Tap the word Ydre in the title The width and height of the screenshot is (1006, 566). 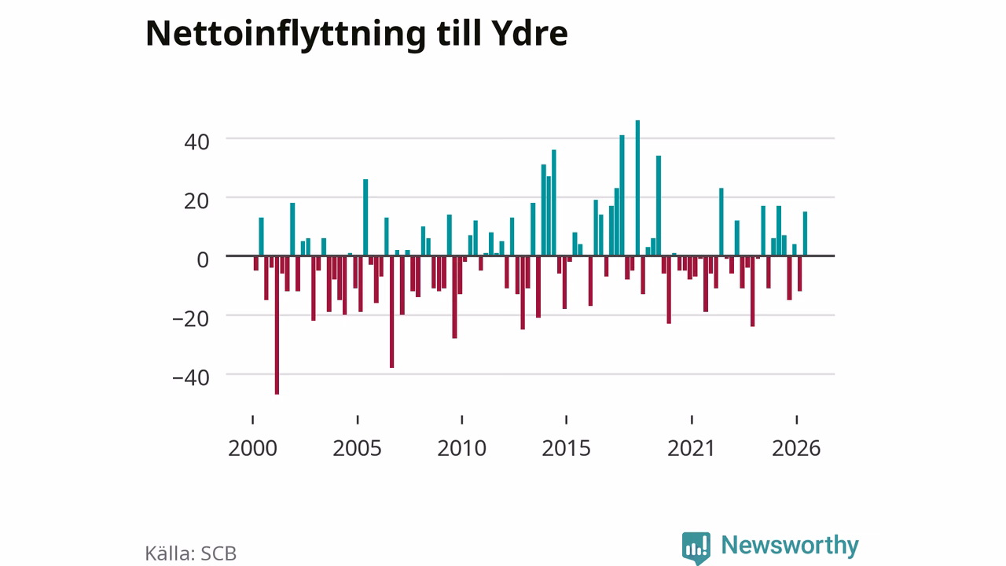530,33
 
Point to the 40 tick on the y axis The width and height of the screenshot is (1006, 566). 196,142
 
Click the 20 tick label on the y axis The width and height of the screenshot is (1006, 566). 196,200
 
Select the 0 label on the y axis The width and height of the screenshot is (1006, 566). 203,259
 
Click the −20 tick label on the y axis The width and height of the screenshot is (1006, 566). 191,319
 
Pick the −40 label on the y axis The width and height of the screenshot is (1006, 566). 191,378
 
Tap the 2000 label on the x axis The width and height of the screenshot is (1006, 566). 252,448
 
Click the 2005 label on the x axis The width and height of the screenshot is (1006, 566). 357,448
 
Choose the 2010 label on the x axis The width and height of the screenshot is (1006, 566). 461,448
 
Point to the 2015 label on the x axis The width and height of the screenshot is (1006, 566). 566,448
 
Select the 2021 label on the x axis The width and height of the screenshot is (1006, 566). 691,448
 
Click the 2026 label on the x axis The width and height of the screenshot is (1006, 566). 796,448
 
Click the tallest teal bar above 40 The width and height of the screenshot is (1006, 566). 637,188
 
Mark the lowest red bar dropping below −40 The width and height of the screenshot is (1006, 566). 277,325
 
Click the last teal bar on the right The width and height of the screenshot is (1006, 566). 805,233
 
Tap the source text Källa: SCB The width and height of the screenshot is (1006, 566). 190,553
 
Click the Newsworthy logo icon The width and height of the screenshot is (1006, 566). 696,548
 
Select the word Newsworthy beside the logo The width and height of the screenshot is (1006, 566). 790,546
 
